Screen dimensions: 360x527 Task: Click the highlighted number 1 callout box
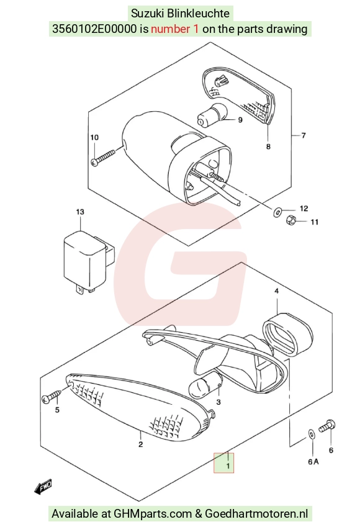(223, 462)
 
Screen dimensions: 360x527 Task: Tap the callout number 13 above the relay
(80, 212)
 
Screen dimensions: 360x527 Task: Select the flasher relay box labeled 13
(89, 261)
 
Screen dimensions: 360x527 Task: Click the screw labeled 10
(103, 158)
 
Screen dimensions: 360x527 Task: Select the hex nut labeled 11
(290, 220)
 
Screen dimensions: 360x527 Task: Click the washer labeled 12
(277, 212)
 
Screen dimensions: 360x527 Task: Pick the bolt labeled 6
(326, 426)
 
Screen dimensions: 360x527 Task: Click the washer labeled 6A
(312, 435)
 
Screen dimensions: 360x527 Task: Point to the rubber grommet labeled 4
(288, 334)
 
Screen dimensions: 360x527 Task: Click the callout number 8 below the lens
(268, 146)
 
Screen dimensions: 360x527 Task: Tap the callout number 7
(304, 135)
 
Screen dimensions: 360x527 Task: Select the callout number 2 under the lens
(140, 444)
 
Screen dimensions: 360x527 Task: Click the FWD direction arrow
(43, 487)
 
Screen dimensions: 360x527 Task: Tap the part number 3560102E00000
(95, 29)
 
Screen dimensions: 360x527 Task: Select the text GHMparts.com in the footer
(153, 514)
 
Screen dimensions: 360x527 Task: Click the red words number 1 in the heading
(175, 29)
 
